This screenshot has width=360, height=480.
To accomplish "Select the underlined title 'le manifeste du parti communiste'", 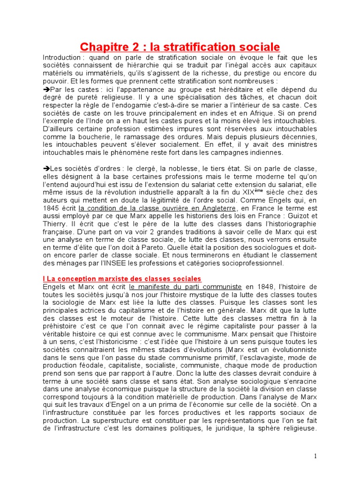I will pyautogui.click(x=186, y=286).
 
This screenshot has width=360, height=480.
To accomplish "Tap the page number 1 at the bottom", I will pyautogui.click(x=316, y=457).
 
